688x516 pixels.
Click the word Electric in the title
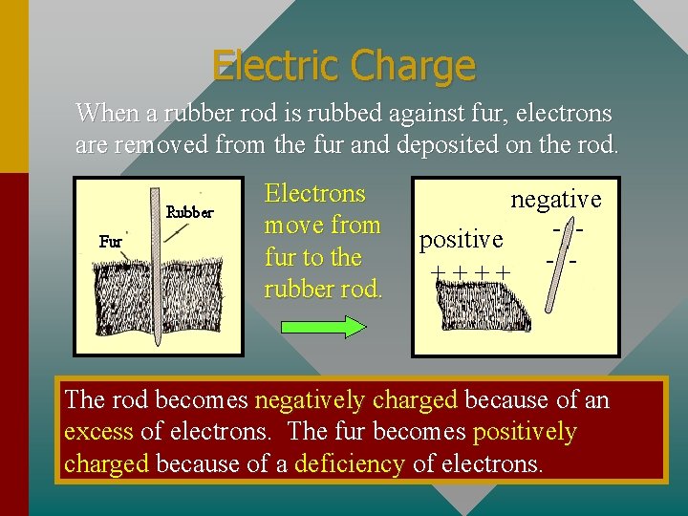tap(277, 66)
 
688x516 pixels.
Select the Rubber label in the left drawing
tap(190, 212)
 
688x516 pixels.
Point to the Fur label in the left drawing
tap(110, 242)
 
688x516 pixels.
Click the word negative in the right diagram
tap(555, 199)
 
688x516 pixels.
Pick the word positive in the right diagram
tap(462, 239)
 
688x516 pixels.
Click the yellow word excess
tap(98, 431)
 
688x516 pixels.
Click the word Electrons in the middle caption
tap(314, 194)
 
